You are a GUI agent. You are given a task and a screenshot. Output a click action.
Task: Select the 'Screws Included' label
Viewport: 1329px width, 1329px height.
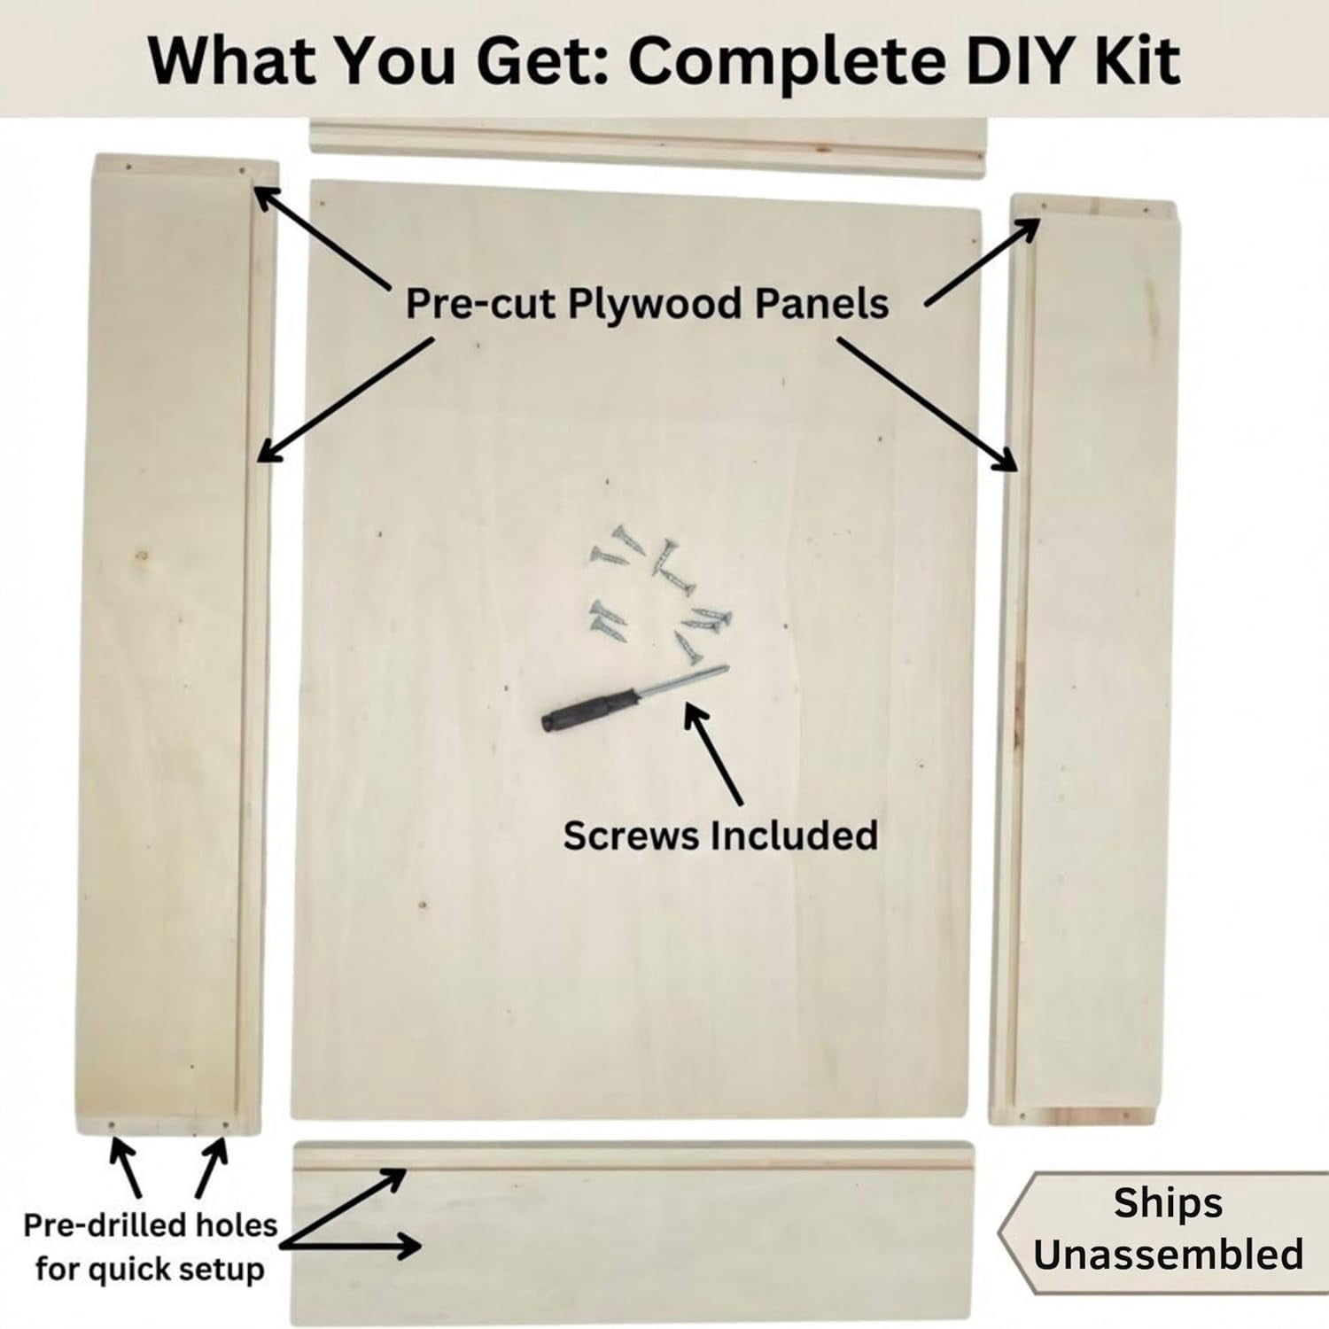720,835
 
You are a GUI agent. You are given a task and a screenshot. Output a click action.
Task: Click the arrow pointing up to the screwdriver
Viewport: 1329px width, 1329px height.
714,754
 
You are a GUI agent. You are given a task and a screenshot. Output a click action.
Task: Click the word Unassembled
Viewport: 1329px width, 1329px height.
1168,1255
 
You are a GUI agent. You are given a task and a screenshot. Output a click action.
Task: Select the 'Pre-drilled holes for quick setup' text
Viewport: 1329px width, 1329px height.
150,1247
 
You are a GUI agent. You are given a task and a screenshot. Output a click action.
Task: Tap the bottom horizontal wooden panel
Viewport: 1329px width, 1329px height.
633,1232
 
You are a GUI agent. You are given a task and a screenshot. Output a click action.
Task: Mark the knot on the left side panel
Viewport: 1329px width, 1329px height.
141,556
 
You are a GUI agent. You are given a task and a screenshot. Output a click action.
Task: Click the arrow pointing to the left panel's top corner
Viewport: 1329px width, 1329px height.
323,237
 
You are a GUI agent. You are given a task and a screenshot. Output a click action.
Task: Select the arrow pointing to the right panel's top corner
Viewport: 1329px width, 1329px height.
983,261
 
